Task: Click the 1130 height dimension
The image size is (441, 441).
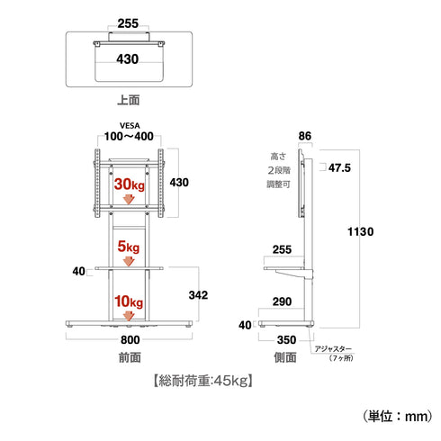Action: (361, 231)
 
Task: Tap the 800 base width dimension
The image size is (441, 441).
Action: (130, 340)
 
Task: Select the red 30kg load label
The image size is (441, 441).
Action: (130, 184)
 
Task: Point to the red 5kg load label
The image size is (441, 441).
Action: (129, 247)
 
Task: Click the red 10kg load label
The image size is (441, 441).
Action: (129, 301)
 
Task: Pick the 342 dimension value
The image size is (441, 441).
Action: (198, 295)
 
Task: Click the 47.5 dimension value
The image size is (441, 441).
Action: (339, 168)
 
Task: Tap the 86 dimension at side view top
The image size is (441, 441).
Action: (305, 136)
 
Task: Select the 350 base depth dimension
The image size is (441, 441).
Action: (287, 340)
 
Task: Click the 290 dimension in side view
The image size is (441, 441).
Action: (282, 301)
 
